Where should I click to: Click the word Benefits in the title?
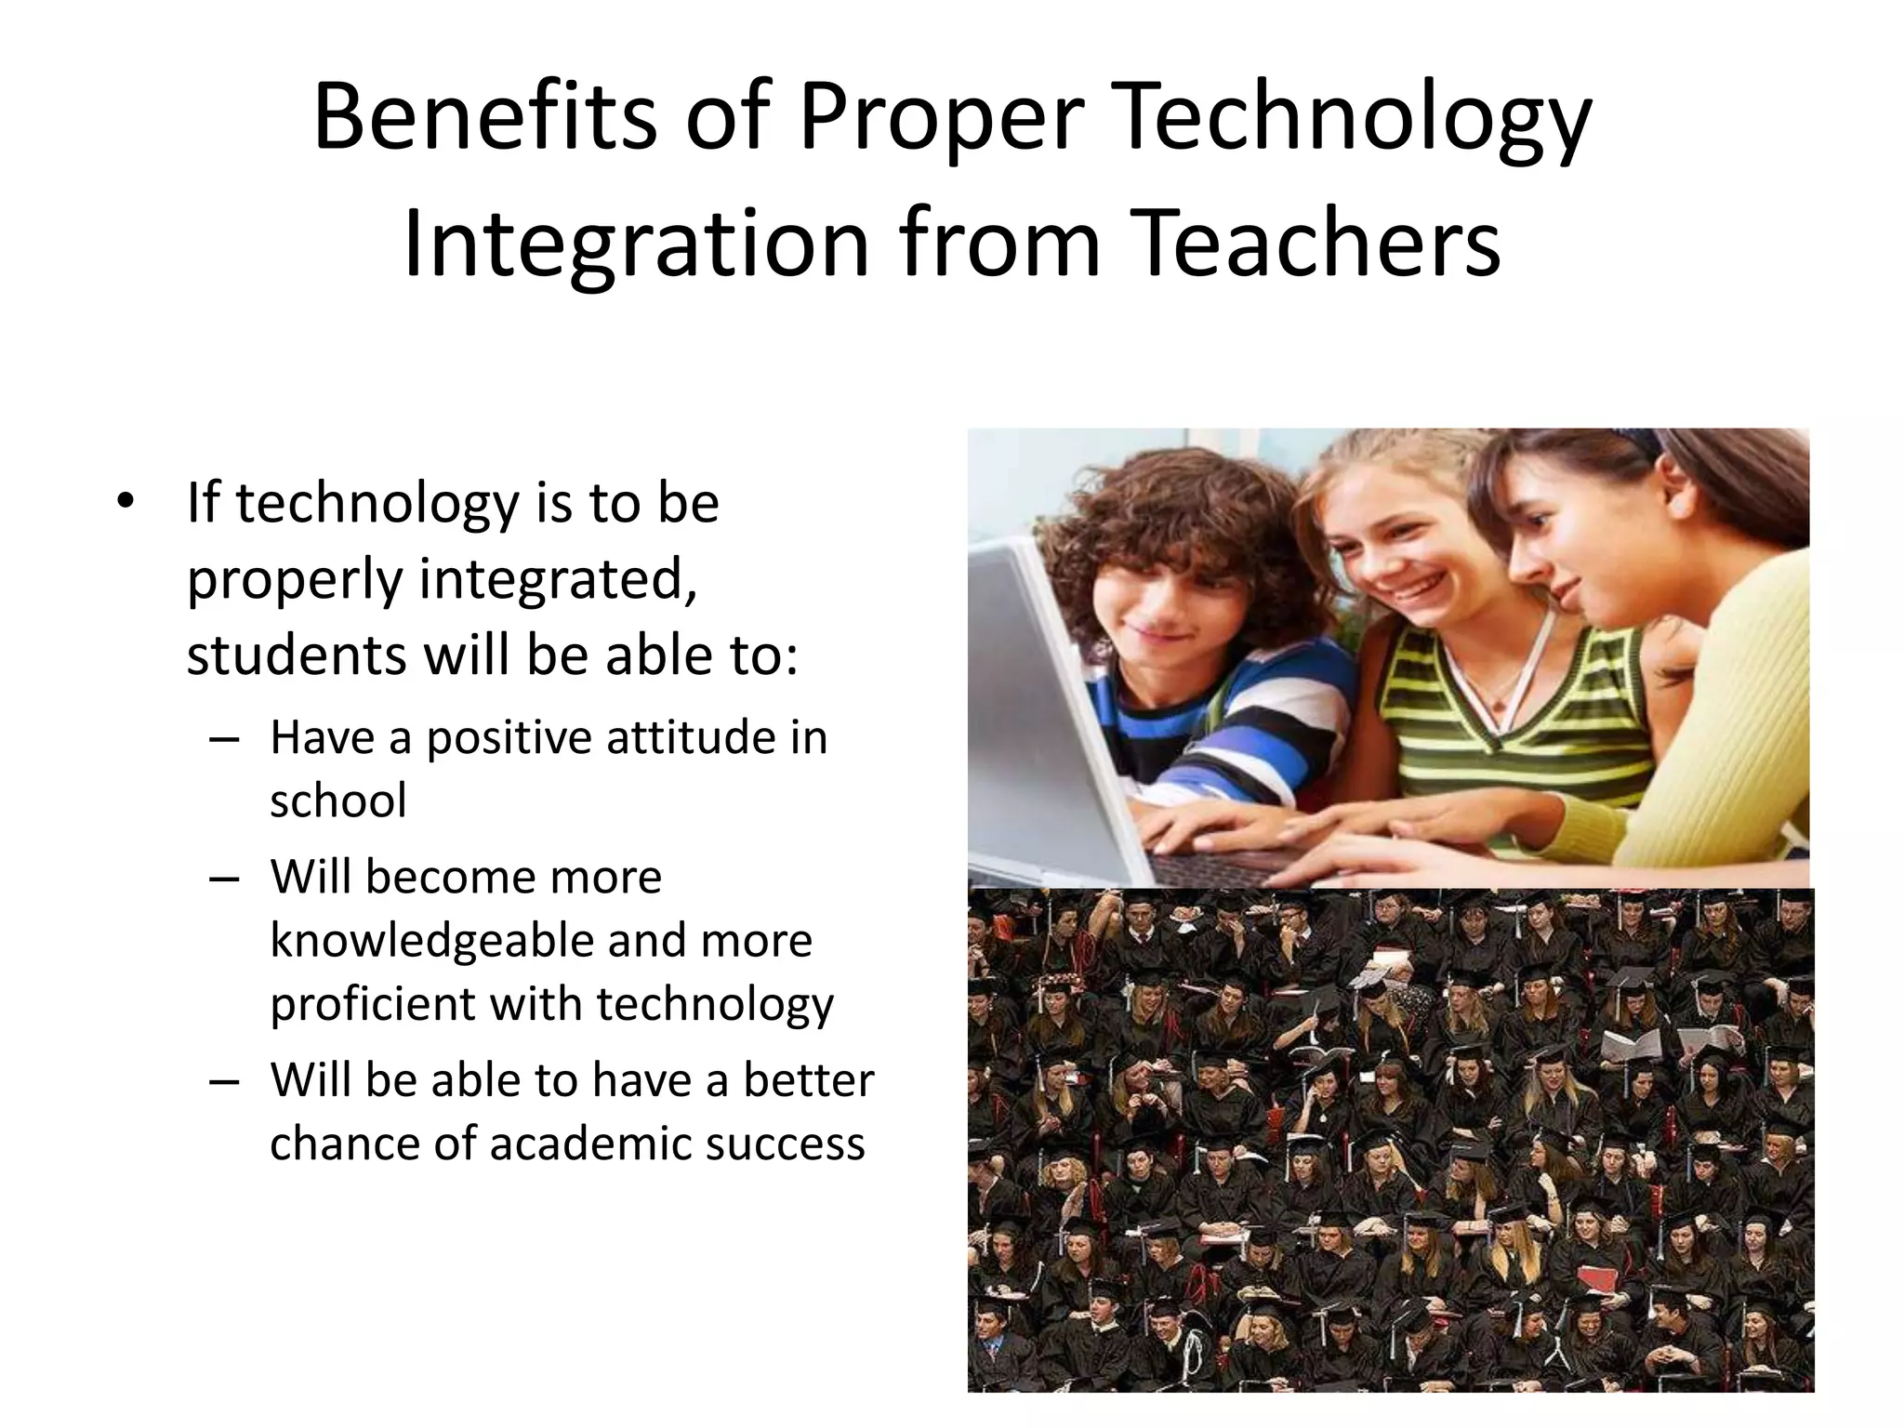click(x=484, y=118)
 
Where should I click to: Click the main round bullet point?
click(x=125, y=503)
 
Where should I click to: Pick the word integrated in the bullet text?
click(x=558, y=578)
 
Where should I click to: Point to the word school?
click(x=338, y=801)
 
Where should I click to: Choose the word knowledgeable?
click(x=431, y=941)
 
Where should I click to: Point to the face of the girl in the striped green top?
click(x=1395, y=549)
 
